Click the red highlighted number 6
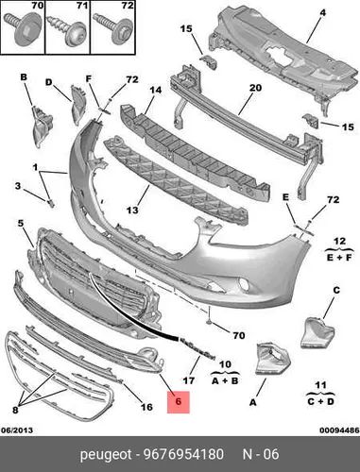click(x=179, y=402)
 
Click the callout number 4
click(x=323, y=12)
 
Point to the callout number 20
click(x=255, y=88)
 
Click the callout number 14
click(x=155, y=90)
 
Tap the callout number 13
click(x=132, y=210)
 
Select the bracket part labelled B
click(x=42, y=126)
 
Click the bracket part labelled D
click(x=77, y=104)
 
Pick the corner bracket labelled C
click(x=317, y=333)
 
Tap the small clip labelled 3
click(x=51, y=204)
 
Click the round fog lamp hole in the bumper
click(x=244, y=284)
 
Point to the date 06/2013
click(x=17, y=430)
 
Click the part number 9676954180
click(x=183, y=454)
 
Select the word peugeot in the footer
click(x=106, y=455)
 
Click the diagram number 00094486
click(x=339, y=430)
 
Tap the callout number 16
click(x=146, y=407)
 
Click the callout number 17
click(x=189, y=380)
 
